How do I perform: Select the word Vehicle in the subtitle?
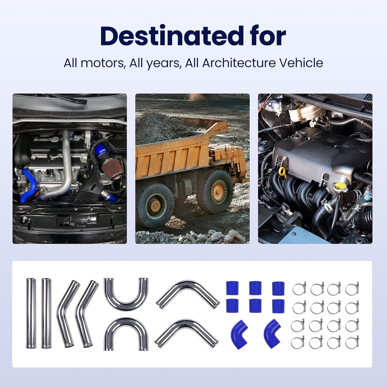point(301,63)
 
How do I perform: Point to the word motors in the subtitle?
point(102,63)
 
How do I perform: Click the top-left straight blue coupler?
point(232,288)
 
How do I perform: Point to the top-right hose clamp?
point(352,289)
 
